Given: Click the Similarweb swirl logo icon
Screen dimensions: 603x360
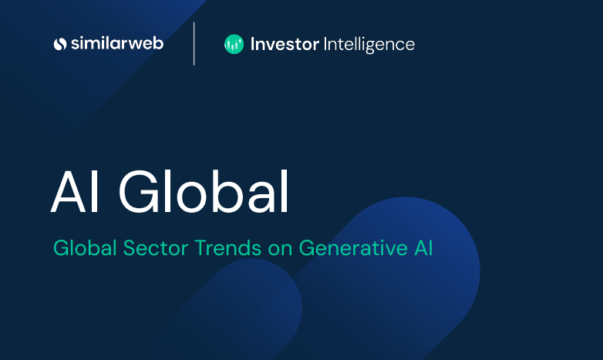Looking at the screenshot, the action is click(60, 44).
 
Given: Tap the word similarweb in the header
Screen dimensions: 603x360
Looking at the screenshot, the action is click(117, 43).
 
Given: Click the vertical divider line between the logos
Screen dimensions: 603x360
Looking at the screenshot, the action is click(194, 44).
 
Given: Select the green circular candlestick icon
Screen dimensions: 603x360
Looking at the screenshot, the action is click(234, 44).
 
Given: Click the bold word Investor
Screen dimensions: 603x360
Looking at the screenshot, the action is click(285, 44).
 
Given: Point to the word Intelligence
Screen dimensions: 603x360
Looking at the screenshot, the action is click(369, 45).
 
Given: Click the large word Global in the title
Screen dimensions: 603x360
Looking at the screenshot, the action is click(204, 192).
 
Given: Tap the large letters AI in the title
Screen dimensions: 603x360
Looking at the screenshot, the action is click(76, 192).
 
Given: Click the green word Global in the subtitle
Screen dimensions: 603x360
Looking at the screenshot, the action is click(85, 247).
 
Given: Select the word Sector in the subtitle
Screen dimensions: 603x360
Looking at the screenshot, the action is click(155, 247).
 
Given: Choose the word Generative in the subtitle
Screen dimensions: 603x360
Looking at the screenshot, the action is click(353, 247).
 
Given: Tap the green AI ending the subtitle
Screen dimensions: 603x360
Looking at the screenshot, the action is click(423, 247).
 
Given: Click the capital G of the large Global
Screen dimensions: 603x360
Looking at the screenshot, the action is click(140, 192).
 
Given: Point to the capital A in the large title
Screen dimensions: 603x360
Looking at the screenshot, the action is click(69, 192).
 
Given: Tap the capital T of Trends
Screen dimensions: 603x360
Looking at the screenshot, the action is click(201, 247).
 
